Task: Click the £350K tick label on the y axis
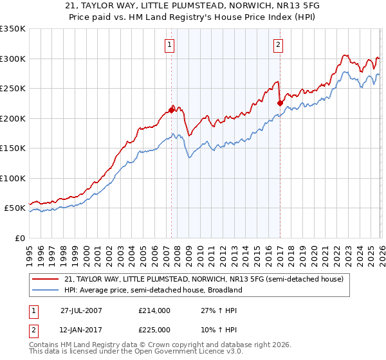point(13,29)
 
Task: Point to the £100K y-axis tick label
point(13,178)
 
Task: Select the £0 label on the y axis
point(20,238)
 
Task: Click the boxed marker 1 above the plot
point(169,45)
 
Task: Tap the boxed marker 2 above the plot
point(278,45)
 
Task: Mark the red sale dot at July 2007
point(172,110)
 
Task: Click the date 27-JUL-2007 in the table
point(82,310)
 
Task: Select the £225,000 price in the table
point(154,329)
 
